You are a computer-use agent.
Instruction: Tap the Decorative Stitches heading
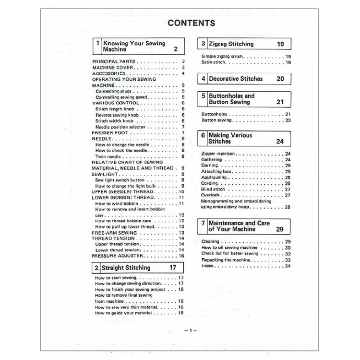tap(236, 79)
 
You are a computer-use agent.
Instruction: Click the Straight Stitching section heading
tap(126, 268)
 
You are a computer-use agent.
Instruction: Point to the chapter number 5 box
tap(204, 99)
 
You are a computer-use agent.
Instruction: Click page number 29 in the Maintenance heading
tap(280, 229)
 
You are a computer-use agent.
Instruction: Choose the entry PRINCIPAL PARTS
tap(113, 62)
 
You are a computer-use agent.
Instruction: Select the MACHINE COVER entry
tap(113, 68)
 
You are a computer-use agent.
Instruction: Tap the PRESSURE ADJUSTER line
tap(118, 256)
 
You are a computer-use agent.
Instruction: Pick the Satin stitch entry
tap(214, 62)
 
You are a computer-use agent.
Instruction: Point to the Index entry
tap(207, 265)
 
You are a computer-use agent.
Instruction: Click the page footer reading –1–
tap(187, 331)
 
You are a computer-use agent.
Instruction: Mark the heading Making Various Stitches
tap(230, 139)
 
